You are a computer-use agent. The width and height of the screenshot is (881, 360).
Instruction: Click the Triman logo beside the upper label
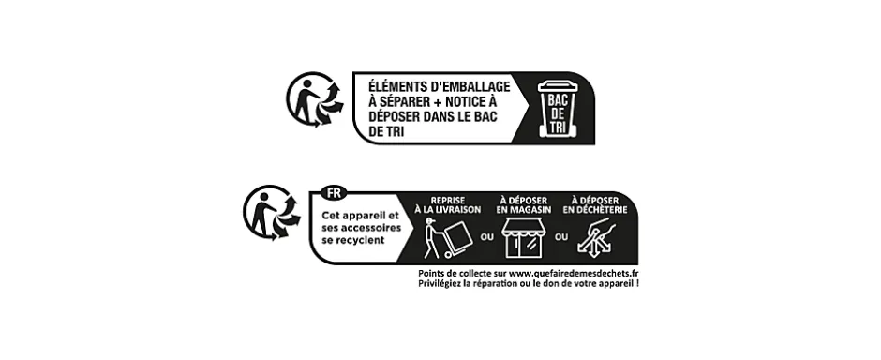313,100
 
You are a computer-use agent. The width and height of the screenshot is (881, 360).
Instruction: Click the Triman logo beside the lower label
271,213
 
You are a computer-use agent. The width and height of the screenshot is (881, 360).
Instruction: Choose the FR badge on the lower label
332,193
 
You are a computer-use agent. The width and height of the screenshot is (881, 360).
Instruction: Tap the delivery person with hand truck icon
441,239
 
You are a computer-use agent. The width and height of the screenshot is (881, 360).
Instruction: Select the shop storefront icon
523,240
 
